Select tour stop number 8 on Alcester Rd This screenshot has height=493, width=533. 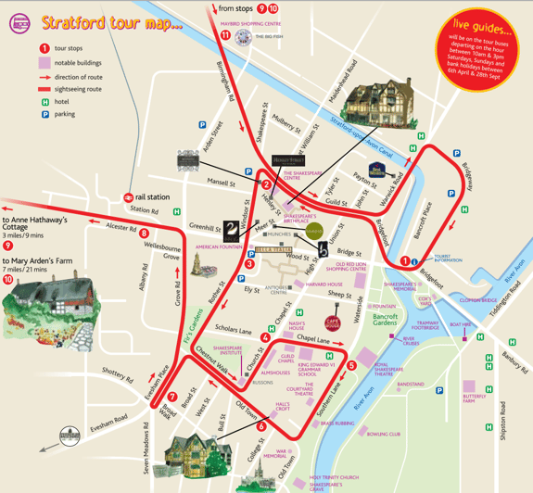(145, 234)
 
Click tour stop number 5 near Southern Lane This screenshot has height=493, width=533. (351, 365)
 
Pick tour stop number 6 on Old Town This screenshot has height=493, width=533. (261, 426)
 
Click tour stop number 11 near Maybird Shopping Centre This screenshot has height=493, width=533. (224, 35)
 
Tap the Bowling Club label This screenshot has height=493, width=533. (383, 433)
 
